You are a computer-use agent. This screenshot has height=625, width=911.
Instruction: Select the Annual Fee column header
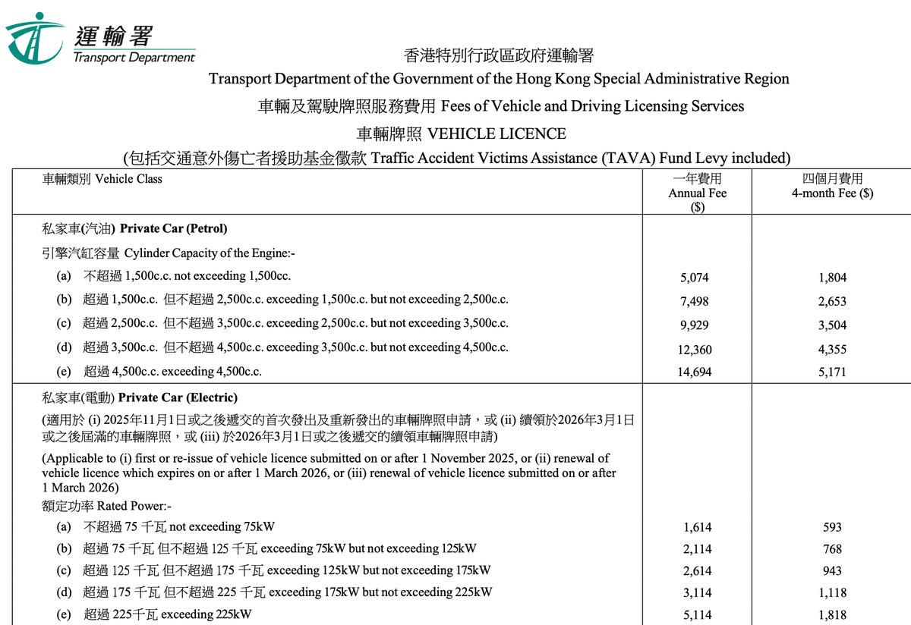697,193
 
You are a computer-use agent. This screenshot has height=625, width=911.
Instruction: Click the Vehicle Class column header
102,179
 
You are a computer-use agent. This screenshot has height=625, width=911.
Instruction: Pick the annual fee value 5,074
695,278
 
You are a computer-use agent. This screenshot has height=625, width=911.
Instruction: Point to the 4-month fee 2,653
832,301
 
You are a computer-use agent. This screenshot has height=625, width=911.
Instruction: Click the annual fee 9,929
695,325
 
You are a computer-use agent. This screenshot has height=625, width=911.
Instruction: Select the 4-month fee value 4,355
832,350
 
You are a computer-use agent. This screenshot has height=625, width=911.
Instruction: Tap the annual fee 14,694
695,372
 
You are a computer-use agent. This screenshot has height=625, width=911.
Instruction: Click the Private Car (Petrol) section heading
134,228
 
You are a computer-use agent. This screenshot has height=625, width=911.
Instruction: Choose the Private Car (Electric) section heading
140,397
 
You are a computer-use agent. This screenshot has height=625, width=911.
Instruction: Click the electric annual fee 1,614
698,527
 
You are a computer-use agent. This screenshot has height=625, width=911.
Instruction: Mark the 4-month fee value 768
832,549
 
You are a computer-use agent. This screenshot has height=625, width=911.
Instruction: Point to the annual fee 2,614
698,571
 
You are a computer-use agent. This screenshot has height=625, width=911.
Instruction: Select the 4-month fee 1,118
832,593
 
